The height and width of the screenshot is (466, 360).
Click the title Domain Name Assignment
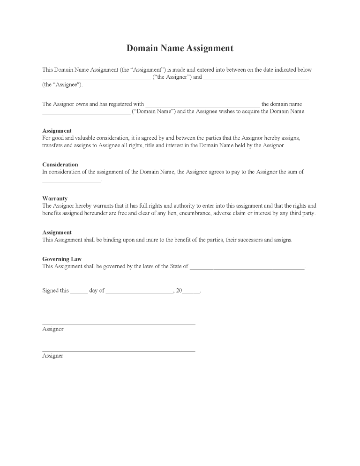point(180,48)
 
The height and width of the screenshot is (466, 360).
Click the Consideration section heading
point(60,165)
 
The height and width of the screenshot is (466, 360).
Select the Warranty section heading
point(55,198)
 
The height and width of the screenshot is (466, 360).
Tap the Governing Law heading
point(62,259)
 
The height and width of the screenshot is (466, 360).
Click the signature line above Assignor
point(119,324)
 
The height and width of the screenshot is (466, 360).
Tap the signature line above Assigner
point(119,351)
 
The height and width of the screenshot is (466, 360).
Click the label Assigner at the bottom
point(52,356)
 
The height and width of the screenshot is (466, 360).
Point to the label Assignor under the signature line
point(52,329)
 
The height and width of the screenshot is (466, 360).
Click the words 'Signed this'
point(55,291)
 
